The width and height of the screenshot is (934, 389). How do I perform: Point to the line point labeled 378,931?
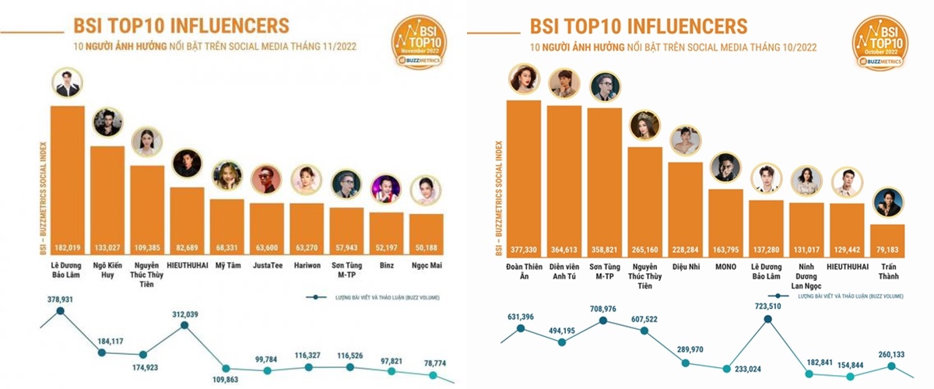[61, 311]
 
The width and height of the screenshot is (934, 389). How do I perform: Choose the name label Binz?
[386, 266]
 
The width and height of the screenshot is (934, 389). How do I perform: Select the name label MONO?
[725, 266]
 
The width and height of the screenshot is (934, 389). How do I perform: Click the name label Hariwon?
[307, 266]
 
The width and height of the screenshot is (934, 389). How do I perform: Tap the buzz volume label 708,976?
[603, 308]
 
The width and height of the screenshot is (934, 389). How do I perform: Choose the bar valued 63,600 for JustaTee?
[266, 226]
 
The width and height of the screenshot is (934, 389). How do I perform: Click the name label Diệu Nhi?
[685, 266]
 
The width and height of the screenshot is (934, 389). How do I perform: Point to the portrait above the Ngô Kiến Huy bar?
[107, 122]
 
